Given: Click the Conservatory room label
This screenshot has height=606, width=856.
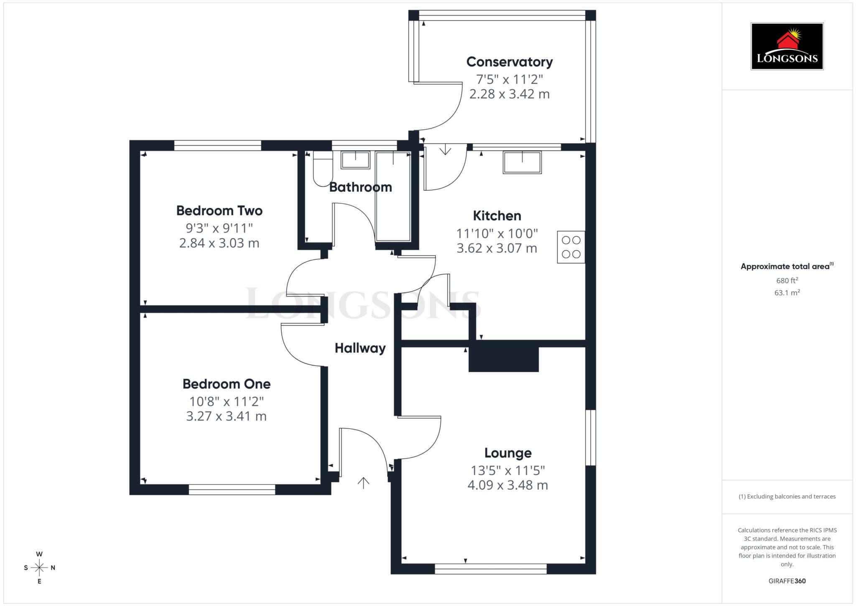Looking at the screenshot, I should click(x=509, y=62).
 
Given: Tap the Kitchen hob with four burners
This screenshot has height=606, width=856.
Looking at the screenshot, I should click(x=571, y=247).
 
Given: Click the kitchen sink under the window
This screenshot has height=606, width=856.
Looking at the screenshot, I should click(x=522, y=162).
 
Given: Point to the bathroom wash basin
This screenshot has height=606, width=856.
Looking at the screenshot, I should click(x=355, y=160).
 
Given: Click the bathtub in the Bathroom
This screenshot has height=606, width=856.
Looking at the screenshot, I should click(x=393, y=197).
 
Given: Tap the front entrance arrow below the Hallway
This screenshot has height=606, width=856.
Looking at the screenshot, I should click(x=363, y=483).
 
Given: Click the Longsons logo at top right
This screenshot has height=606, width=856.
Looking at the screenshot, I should click(x=787, y=46).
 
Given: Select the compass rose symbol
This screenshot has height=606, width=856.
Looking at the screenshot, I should click(x=39, y=568).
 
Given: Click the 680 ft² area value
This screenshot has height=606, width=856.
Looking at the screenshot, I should click(x=787, y=280).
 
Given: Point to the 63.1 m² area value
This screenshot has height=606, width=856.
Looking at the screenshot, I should click(x=787, y=293).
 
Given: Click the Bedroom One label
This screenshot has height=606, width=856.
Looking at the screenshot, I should click(x=226, y=384).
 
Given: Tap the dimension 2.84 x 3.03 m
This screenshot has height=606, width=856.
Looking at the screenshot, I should click(x=219, y=243).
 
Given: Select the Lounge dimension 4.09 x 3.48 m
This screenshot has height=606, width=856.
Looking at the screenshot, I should click(x=507, y=485).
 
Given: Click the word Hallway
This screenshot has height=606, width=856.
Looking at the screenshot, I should click(x=360, y=348).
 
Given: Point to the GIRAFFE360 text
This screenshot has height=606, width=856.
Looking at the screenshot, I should click(x=787, y=581).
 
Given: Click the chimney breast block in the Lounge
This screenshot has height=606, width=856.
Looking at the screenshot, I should click(x=503, y=356).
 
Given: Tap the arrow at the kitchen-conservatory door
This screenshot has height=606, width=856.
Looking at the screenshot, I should click(x=445, y=149).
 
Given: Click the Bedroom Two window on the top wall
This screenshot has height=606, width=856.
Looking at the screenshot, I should click(x=217, y=146).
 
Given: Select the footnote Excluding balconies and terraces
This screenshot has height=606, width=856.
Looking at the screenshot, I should click(x=787, y=496).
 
